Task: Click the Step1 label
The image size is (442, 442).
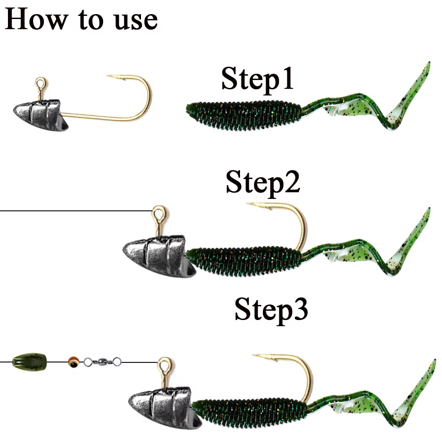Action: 257,79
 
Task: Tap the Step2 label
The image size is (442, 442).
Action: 263,183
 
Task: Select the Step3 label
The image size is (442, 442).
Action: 271,310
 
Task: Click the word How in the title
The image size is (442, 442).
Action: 36,19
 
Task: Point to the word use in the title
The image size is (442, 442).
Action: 136,21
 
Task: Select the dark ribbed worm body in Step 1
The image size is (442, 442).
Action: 244,115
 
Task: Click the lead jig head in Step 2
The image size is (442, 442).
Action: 159,256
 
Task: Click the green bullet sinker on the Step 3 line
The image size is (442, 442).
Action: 30,362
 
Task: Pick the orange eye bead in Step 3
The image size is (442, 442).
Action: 74,362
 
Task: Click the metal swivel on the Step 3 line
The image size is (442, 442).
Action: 103,362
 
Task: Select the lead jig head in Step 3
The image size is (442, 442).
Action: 164,408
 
